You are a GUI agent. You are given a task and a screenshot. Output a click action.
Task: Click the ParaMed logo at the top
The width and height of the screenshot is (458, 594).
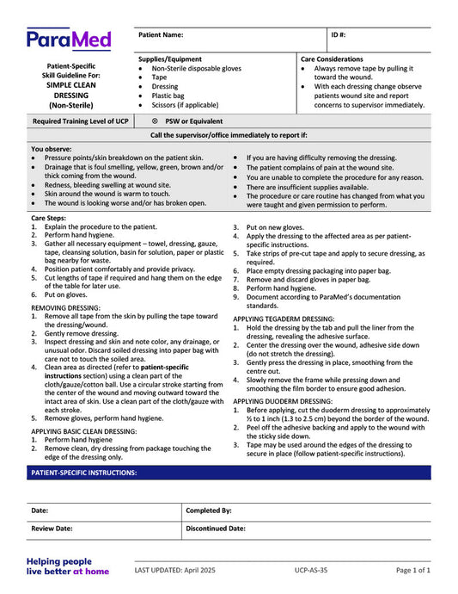70,40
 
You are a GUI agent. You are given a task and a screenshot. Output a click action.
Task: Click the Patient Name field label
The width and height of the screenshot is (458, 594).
161,35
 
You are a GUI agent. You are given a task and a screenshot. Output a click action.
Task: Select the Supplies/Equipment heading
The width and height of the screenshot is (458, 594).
170,59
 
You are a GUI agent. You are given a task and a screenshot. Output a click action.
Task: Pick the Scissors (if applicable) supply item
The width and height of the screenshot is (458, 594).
185,105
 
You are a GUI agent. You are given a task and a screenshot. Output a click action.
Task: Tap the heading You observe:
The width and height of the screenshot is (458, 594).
51,149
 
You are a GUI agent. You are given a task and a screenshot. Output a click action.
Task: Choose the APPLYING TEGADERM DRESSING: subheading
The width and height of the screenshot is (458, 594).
284,319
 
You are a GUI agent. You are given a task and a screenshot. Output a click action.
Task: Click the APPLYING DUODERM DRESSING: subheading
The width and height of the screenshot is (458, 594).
283,401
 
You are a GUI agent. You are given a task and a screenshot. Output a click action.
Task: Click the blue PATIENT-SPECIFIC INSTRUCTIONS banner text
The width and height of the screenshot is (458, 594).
84,473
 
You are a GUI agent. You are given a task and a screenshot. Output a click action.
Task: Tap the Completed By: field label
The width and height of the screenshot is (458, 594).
209,510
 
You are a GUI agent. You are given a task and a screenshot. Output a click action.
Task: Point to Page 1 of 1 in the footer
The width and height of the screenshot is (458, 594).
412,570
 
